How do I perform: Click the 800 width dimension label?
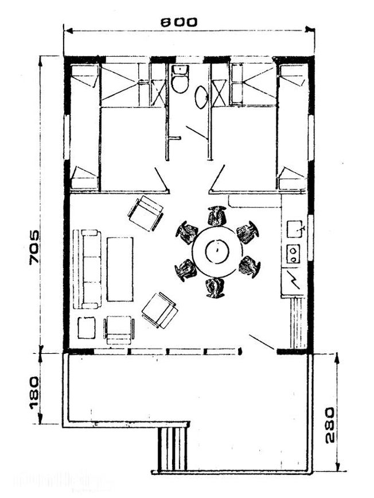(x=178, y=22)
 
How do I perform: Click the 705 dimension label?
(x=34, y=247)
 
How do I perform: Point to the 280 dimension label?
(x=330, y=425)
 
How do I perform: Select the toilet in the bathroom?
(x=180, y=79)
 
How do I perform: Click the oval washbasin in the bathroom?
(x=201, y=98)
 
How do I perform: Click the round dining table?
(x=217, y=251)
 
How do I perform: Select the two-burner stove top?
(x=294, y=254)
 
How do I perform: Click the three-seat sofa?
(x=87, y=269)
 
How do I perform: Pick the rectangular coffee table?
(x=120, y=269)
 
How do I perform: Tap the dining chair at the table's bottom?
(x=215, y=288)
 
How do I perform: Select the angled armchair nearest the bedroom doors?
(x=146, y=213)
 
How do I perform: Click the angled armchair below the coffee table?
(x=159, y=310)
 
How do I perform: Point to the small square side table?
(x=87, y=328)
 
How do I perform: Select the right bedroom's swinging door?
(x=217, y=179)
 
